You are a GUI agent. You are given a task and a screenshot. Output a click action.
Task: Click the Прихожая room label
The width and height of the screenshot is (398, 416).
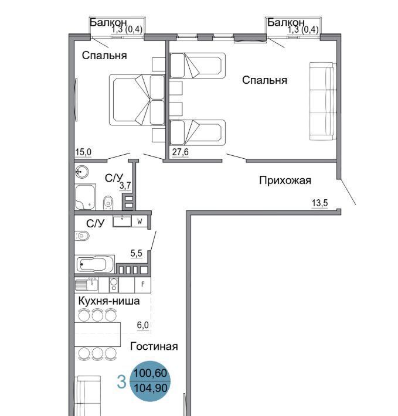[285, 180]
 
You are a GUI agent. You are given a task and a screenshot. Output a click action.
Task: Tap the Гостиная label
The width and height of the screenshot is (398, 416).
[154, 346]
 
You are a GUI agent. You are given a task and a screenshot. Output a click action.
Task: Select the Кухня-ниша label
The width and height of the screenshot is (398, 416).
[109, 301]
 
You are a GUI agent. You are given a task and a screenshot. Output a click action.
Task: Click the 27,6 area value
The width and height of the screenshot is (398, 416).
[180, 152]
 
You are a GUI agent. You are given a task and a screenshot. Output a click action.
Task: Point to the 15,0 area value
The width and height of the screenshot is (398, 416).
[83, 152]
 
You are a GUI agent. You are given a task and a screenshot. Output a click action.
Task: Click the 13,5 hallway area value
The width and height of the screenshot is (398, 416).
[319, 203]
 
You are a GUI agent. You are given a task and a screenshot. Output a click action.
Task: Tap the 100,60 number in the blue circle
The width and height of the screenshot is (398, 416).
[150, 373]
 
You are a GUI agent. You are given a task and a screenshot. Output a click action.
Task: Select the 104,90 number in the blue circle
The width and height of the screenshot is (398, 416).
[151, 388]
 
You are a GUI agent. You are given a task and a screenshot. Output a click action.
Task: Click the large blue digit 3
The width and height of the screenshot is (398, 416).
[121, 382]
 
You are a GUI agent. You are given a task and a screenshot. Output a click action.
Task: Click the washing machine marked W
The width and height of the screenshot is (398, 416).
[140, 221]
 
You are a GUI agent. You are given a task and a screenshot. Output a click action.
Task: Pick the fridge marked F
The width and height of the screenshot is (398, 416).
[143, 285]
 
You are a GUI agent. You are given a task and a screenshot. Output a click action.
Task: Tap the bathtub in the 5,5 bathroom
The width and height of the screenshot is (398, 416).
[95, 264]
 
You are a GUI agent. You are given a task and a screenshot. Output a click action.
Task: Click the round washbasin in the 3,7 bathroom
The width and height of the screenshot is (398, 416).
[81, 172]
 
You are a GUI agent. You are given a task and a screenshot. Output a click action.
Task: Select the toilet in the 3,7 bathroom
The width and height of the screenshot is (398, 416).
[108, 202]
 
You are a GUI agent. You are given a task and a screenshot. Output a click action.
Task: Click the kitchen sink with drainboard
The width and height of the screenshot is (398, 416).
[87, 285]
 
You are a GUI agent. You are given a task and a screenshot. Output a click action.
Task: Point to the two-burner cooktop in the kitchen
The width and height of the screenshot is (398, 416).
[114, 285]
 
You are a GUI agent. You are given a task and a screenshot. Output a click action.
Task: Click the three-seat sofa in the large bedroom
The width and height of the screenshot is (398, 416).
[323, 101]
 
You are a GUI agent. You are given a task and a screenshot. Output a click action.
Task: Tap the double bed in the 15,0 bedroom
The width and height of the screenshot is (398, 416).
[137, 100]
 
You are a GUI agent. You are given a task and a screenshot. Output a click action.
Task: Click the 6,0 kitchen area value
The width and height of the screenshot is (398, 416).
[143, 325]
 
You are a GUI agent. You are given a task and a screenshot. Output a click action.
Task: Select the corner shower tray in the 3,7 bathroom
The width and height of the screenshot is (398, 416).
[85, 197]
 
